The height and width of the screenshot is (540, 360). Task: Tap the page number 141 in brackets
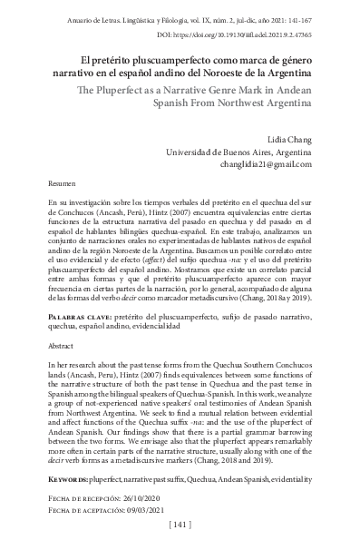click(180, 526)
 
